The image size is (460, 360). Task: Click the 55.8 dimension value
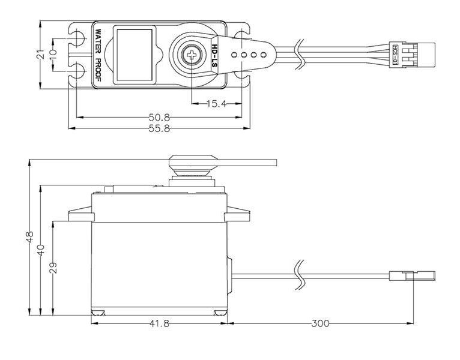point(160,129)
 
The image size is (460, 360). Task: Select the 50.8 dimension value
point(160,117)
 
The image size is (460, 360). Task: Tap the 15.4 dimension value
point(216,104)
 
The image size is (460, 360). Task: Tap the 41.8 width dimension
point(159,324)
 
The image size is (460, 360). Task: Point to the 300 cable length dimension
point(321,324)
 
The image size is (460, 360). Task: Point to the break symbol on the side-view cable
point(298,276)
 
